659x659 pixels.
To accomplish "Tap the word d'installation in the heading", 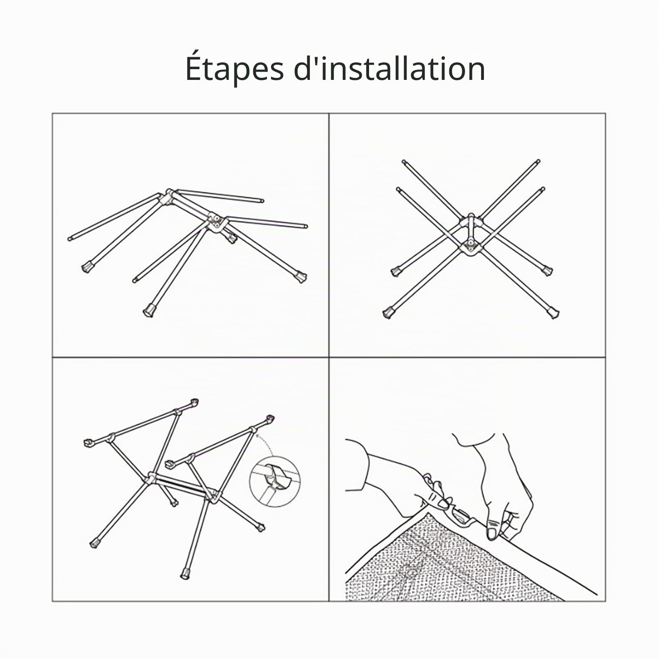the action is (389, 68).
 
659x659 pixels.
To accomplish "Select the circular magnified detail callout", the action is (275, 481).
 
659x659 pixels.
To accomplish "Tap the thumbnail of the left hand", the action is (444, 503).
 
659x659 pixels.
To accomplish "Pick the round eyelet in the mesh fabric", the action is (410, 572).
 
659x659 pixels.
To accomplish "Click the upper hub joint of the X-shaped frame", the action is (471, 221).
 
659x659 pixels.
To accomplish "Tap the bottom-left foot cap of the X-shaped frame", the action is (388, 313).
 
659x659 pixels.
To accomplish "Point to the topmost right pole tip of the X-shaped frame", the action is (538, 162).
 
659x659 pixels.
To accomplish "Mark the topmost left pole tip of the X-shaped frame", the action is (404, 162).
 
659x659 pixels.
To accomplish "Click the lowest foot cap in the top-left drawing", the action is (149, 311).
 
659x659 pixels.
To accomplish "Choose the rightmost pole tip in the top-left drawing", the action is (305, 226).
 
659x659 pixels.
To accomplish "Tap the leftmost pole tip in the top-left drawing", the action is (70, 238).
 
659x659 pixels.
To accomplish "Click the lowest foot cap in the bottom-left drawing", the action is (185, 574).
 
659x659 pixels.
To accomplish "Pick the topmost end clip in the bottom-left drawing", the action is (194, 402).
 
